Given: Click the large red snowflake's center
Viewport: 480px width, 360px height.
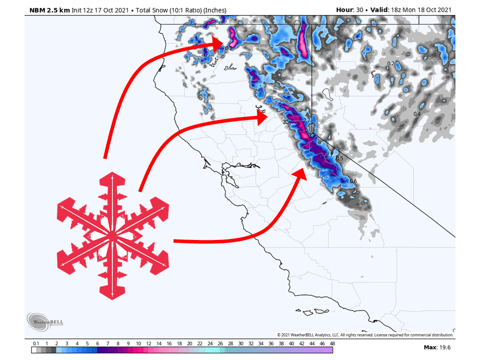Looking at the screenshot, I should [112, 235].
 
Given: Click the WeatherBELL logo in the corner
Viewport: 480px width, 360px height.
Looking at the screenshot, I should [45, 322].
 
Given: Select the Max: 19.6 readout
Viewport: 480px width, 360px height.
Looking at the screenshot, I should [437, 347].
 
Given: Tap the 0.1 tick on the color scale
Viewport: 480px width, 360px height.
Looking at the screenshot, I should [36, 343].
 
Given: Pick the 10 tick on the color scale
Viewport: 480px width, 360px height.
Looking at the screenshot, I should [138, 343].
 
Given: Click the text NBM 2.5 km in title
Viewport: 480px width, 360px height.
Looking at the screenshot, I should [47, 10].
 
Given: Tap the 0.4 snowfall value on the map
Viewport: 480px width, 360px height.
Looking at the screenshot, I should [417, 114].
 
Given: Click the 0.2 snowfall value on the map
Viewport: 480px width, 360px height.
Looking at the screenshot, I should [391, 63].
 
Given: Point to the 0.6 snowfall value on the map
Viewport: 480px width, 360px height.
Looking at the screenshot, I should [353, 181].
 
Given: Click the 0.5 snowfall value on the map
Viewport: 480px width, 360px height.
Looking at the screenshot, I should [339, 158].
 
